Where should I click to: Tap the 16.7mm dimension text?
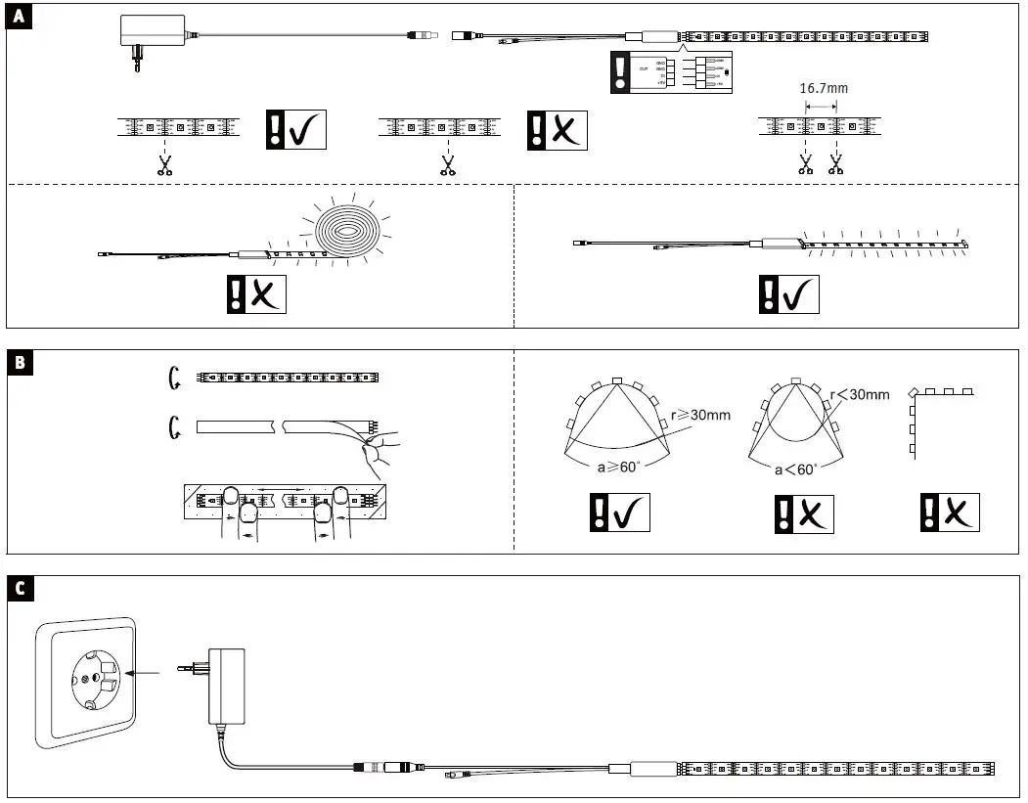point(824,87)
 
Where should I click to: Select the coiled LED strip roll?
point(348,234)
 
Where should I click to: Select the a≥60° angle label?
point(618,467)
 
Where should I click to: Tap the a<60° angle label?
point(796,469)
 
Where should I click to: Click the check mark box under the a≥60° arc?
point(620,513)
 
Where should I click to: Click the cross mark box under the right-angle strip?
point(949,513)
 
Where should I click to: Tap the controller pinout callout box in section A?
point(671,73)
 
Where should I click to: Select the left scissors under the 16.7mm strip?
point(806,165)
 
